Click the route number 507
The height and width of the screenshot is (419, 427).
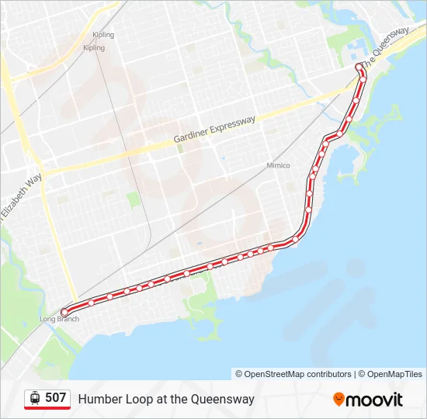tap(55, 398)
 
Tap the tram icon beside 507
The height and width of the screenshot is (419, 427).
tap(35, 398)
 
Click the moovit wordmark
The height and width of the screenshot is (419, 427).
tap(375, 400)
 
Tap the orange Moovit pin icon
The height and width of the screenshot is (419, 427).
tap(338, 399)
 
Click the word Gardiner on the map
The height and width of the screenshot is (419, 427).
tap(193, 133)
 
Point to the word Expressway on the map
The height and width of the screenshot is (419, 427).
tap(233, 123)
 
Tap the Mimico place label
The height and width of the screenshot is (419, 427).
tap(278, 165)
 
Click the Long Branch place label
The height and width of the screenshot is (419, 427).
tap(59, 319)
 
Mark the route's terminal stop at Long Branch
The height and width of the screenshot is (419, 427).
tap(64, 312)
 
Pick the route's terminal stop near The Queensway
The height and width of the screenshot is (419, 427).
tap(359, 68)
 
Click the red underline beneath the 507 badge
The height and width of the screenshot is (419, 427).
tap(47, 408)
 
